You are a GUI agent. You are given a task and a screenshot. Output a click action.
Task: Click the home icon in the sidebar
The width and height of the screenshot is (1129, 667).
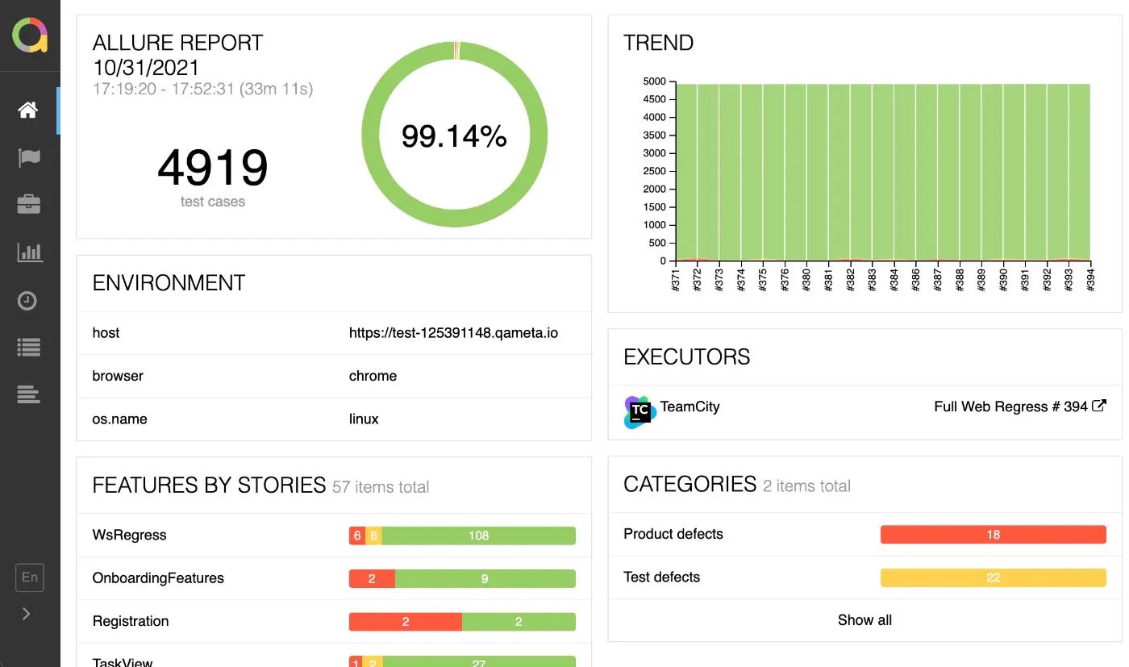point(28,110)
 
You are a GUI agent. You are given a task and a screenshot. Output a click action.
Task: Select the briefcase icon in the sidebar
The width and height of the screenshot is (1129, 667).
point(28,205)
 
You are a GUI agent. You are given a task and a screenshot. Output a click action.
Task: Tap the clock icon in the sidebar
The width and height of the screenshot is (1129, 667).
point(28,301)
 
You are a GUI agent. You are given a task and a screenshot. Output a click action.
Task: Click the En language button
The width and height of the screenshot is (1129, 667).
point(29,577)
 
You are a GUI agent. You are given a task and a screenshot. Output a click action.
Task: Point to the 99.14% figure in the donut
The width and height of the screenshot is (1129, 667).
point(454,136)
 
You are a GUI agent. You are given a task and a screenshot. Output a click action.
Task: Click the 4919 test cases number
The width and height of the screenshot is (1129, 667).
point(212,168)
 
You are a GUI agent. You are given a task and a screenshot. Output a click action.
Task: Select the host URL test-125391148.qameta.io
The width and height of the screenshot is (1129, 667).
point(453,333)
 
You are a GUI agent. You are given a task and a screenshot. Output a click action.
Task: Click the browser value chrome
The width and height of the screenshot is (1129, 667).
point(373,376)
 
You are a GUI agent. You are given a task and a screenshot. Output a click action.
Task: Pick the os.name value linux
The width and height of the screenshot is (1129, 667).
point(364,419)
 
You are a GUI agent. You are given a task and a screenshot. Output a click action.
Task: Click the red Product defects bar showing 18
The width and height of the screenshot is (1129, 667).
point(993,535)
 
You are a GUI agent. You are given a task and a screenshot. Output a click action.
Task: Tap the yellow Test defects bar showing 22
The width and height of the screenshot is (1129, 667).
point(993,577)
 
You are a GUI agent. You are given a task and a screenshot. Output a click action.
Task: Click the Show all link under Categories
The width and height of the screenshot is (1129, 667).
point(864,620)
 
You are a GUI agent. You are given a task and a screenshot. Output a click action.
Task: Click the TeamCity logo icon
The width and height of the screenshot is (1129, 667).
point(639,412)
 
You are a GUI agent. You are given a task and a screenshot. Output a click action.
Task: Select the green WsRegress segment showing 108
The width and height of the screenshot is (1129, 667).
point(479,536)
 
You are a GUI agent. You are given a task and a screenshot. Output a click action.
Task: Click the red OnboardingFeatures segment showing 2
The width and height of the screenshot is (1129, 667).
point(372,578)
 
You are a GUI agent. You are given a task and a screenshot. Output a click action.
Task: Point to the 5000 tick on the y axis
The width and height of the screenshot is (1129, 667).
point(654,81)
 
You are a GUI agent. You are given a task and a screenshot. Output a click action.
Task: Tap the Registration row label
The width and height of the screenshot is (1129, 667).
point(131,621)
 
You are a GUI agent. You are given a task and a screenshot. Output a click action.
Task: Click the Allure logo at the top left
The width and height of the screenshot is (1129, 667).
point(30,36)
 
